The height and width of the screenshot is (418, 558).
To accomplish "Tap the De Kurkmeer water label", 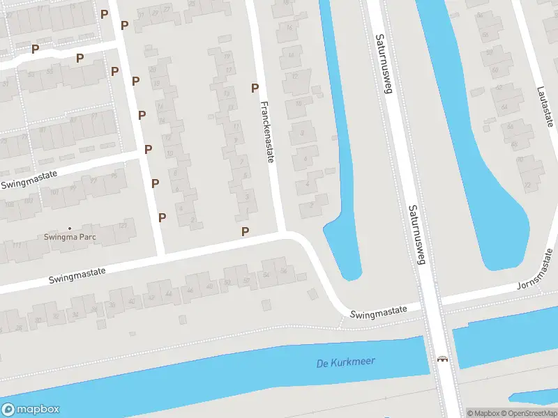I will click(x=345, y=362).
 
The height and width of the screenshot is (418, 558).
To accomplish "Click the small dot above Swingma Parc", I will click(x=69, y=228).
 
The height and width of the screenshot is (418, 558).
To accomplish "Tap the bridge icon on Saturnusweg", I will click(x=442, y=359).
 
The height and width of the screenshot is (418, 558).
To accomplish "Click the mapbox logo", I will click(x=31, y=409).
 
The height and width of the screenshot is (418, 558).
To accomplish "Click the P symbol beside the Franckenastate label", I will click(x=255, y=88).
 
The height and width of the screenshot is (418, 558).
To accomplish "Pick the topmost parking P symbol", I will click(x=104, y=14).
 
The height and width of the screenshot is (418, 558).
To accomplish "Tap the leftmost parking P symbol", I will click(x=35, y=49).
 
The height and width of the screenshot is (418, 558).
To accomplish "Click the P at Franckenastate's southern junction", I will click(x=245, y=231).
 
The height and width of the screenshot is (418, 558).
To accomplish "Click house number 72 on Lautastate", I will click(x=527, y=184).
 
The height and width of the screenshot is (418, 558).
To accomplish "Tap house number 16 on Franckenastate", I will click(x=289, y=27).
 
